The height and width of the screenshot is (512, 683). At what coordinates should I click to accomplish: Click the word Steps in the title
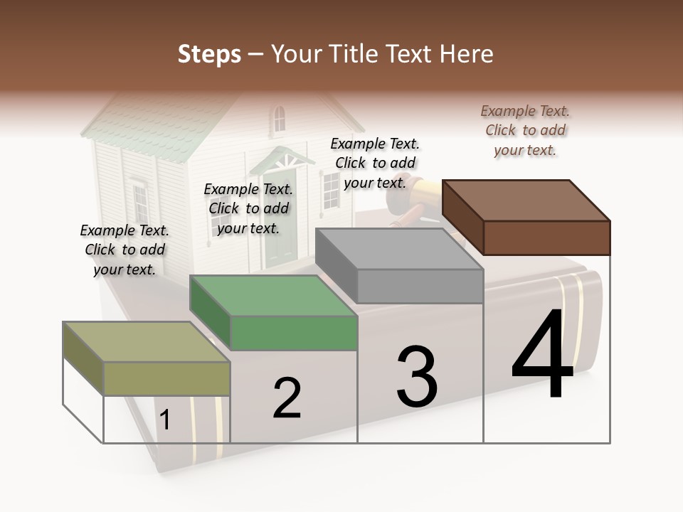209,54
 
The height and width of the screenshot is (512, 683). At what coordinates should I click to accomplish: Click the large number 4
542,356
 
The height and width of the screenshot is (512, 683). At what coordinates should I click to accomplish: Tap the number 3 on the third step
417,376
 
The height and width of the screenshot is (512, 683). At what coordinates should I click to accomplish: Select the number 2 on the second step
287,398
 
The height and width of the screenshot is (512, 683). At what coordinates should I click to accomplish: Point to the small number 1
165,420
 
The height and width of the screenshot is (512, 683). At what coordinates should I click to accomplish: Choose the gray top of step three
398,249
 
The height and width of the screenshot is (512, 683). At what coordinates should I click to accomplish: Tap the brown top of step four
526,200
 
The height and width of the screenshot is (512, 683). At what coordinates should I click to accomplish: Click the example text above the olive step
125,250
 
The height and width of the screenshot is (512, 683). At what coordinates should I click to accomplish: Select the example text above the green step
248,208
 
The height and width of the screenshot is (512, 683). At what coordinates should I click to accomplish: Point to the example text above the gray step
375,163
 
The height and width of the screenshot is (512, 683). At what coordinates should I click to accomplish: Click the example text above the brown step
525,130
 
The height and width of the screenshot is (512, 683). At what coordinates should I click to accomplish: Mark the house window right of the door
332,191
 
